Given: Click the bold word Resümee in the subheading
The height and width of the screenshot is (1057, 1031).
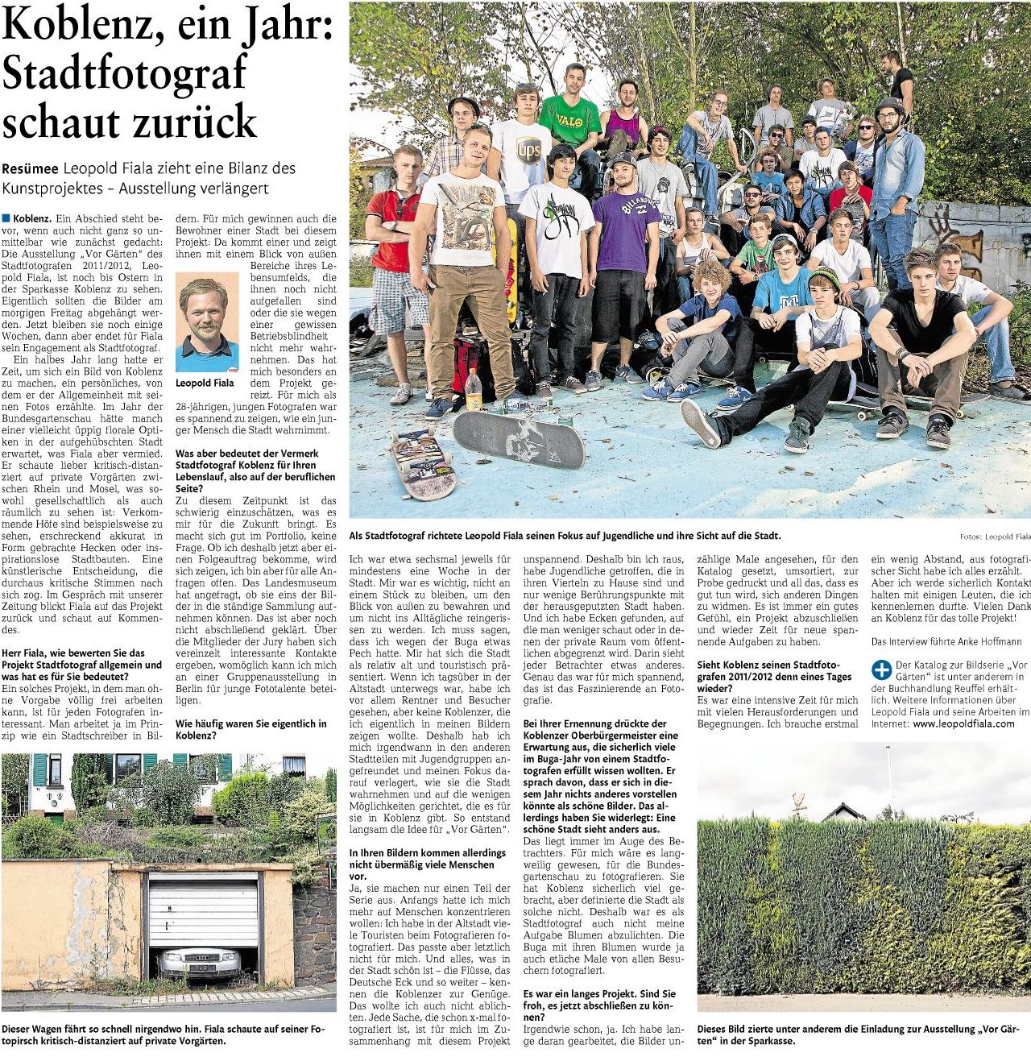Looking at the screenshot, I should (30, 169).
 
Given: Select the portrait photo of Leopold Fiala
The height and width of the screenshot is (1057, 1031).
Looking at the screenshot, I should (207, 322).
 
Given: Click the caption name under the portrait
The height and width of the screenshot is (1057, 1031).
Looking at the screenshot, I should (205, 383).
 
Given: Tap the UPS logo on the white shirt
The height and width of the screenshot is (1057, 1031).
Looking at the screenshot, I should (528, 151).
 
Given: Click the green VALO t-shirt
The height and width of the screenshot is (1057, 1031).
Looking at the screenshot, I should (570, 122).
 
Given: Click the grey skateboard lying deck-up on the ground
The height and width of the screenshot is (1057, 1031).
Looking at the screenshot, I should (518, 438).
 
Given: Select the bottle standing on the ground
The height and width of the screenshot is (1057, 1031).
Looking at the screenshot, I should (474, 391).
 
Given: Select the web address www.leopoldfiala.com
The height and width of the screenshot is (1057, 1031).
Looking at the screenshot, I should (963, 723).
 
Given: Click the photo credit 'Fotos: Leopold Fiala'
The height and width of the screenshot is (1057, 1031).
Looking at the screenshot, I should (995, 537).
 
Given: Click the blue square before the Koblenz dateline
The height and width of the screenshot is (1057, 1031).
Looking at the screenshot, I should (6, 218).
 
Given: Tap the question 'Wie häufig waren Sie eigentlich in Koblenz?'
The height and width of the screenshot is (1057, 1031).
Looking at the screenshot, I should (251, 729).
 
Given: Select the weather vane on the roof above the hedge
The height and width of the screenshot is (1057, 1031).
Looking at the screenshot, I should (799, 801).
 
